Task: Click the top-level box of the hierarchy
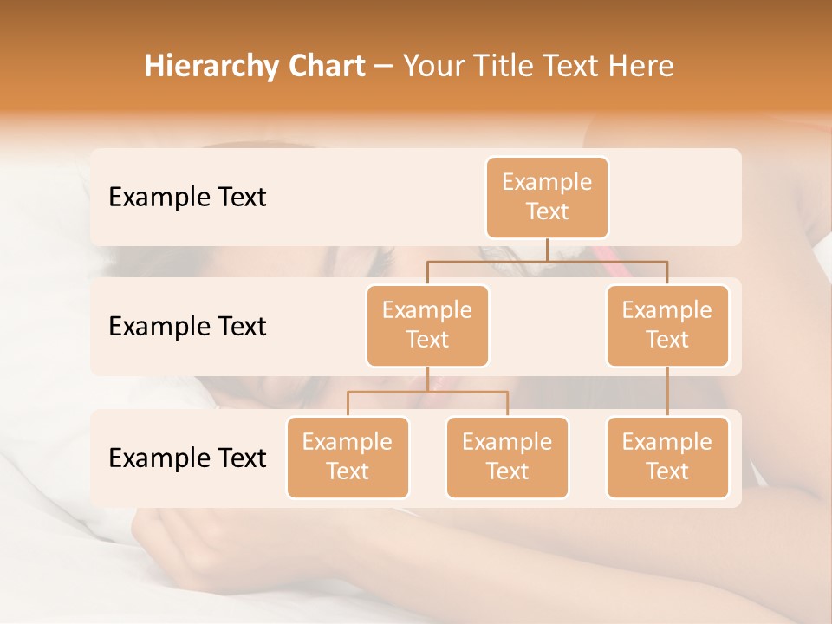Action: click(547, 198)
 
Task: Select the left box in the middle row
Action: click(427, 326)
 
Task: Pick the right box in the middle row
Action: click(667, 326)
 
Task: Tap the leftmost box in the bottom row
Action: click(348, 458)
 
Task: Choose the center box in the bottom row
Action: click(507, 458)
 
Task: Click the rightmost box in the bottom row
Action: click(667, 458)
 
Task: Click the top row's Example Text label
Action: click(187, 198)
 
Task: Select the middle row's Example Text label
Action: click(187, 327)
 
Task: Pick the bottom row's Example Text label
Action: click(187, 458)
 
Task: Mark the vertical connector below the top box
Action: click(547, 250)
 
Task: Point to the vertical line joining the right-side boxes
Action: click(667, 392)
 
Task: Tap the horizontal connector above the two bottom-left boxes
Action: click(427, 392)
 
